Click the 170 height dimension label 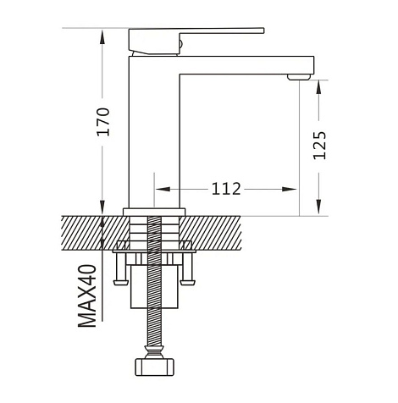click(x=103, y=122)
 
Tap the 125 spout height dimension click(x=319, y=146)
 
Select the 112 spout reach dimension click(x=226, y=189)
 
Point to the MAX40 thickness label click(x=87, y=295)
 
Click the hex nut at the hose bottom click(x=154, y=367)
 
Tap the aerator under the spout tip click(x=299, y=77)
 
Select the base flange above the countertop click(x=154, y=213)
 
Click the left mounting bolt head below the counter click(x=121, y=282)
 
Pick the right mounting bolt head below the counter click(x=188, y=282)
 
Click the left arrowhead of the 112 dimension click(x=163, y=189)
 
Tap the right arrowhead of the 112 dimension click(x=289, y=189)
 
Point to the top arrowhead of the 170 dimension click(x=102, y=36)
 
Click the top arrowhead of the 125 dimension click(x=319, y=87)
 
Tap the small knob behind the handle click(x=181, y=44)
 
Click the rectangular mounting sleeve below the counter click(x=154, y=286)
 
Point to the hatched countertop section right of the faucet click(x=211, y=233)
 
